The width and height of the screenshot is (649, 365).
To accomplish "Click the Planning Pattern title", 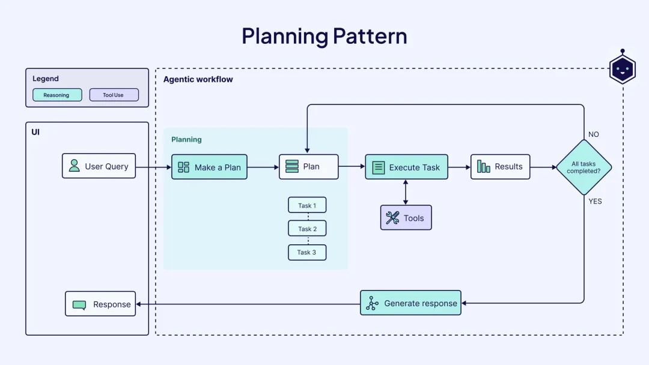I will pyautogui.click(x=324, y=36).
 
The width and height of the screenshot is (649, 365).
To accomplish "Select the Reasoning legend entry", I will pyautogui.click(x=57, y=95).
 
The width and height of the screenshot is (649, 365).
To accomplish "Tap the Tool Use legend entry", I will pyautogui.click(x=114, y=95).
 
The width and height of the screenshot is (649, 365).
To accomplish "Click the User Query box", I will pyautogui.click(x=99, y=166).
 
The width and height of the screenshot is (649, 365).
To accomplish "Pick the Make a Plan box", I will pyautogui.click(x=209, y=167).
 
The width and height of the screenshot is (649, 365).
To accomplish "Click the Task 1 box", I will pyautogui.click(x=307, y=205).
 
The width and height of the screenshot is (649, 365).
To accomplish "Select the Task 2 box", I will pyautogui.click(x=307, y=229).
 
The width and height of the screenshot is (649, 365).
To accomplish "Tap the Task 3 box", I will pyautogui.click(x=307, y=252).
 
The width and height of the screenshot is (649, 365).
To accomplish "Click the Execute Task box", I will pyautogui.click(x=406, y=167).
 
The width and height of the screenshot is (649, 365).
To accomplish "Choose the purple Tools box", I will pyautogui.click(x=406, y=218).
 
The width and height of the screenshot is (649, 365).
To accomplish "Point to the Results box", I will pyautogui.click(x=500, y=167).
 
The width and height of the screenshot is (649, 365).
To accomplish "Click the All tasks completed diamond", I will pyautogui.click(x=583, y=167).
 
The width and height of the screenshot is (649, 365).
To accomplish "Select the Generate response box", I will pyautogui.click(x=410, y=303).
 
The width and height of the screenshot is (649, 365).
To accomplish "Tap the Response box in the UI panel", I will pyautogui.click(x=100, y=304).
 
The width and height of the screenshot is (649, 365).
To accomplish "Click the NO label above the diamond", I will pyautogui.click(x=594, y=134).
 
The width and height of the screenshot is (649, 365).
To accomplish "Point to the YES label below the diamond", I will pyautogui.click(x=595, y=201).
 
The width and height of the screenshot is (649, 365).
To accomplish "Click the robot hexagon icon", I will pyautogui.click(x=622, y=69).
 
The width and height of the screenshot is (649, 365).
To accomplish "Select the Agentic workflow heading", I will pyautogui.click(x=198, y=79).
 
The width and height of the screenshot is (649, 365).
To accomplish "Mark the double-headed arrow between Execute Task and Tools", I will pyautogui.click(x=406, y=192).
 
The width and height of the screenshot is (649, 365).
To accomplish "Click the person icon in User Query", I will pyautogui.click(x=75, y=166).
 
